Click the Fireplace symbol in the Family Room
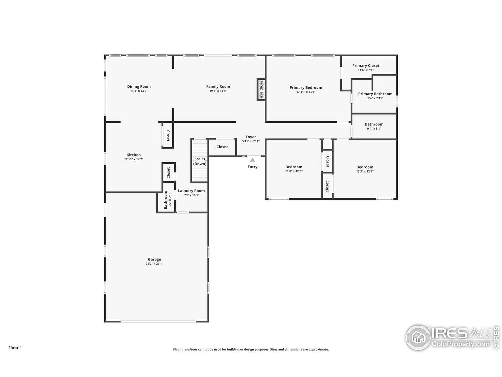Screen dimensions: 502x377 [261, 89]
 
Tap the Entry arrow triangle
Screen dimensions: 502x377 [252, 160]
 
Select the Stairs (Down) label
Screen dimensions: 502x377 [200, 161]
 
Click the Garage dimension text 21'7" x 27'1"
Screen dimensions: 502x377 [154, 264]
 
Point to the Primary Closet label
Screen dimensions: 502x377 [366, 66]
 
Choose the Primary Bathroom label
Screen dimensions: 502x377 [375, 94]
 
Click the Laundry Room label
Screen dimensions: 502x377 [191, 191]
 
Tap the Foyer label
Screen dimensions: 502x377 [251, 137]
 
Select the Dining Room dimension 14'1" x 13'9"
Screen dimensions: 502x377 [139, 91]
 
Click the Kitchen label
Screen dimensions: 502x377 [134, 155]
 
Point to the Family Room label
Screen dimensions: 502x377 [218, 86]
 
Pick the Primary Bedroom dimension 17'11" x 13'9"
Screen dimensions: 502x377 [306, 92]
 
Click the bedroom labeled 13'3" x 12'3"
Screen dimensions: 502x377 [364, 169]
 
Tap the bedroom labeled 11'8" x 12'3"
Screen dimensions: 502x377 [294, 169]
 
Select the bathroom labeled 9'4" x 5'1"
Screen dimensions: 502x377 [374, 126]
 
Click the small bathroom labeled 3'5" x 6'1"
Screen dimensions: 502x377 [167, 200]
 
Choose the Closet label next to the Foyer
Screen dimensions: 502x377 [222, 147]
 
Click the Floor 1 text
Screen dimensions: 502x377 [15, 348]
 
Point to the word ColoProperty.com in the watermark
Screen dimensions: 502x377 [461, 344]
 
